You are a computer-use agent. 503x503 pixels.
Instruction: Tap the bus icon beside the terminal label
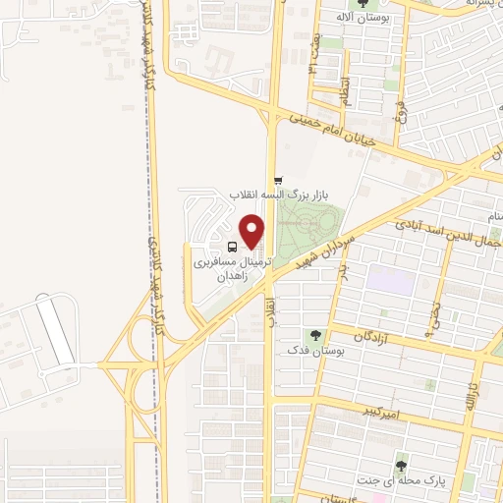[231, 247]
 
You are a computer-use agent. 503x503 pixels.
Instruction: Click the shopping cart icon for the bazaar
[280, 181]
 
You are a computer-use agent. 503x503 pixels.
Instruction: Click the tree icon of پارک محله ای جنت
[400, 466]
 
